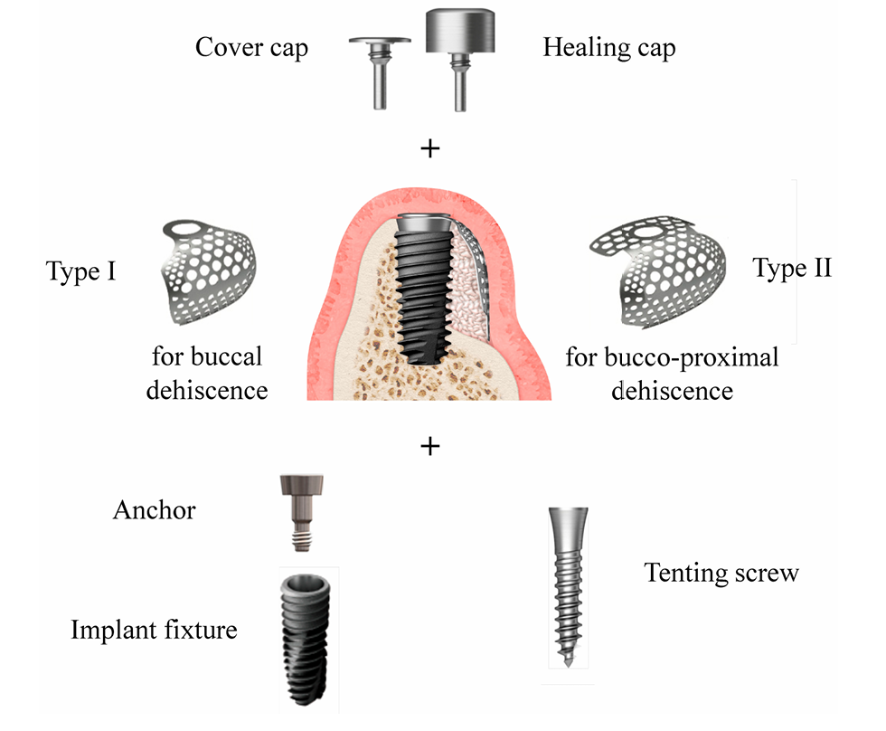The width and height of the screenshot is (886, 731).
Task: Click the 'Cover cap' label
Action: [251, 47]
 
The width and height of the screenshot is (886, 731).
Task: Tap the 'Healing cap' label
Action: [608, 47]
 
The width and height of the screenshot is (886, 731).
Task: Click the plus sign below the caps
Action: [431, 148]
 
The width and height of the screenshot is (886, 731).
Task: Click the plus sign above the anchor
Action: [431, 445]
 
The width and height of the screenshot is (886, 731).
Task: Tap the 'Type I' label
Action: [80, 271]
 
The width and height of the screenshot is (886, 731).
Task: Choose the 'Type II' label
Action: [792, 269]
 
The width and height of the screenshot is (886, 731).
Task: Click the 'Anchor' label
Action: [154, 510]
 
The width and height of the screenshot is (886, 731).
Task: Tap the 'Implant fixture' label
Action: [154, 629]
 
